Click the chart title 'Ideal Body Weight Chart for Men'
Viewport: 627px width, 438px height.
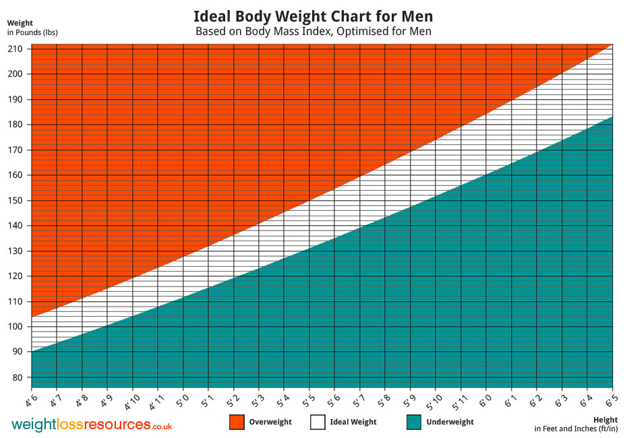pyautogui.click(x=313, y=16)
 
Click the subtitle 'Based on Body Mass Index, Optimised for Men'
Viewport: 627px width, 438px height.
pyautogui.click(x=313, y=32)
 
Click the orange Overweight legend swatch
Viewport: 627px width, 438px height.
pyautogui.click(x=237, y=422)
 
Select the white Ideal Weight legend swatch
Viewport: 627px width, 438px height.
pyautogui.click(x=318, y=422)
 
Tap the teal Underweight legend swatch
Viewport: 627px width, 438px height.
pyautogui.click(x=415, y=422)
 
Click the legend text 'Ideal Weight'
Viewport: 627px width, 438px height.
pyautogui.click(x=353, y=423)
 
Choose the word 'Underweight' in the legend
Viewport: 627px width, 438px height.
pyautogui.click(x=450, y=423)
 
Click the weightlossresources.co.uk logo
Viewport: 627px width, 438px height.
pyautogui.click(x=92, y=425)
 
